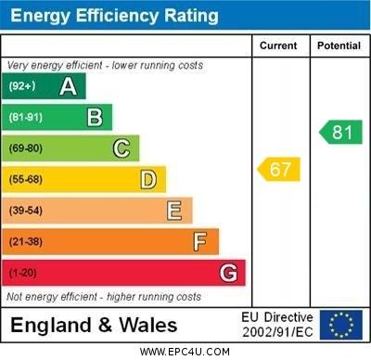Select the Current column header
278,45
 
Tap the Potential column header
339,45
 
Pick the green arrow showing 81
340,133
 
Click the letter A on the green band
68,86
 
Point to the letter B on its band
95,117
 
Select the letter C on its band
122,148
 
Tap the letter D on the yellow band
148,179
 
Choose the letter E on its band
174,211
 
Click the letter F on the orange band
200,242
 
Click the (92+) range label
22,86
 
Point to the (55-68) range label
26,179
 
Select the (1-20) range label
23,273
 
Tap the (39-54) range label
26,211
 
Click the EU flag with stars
340,325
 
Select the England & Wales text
96,326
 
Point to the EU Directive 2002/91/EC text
277,325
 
